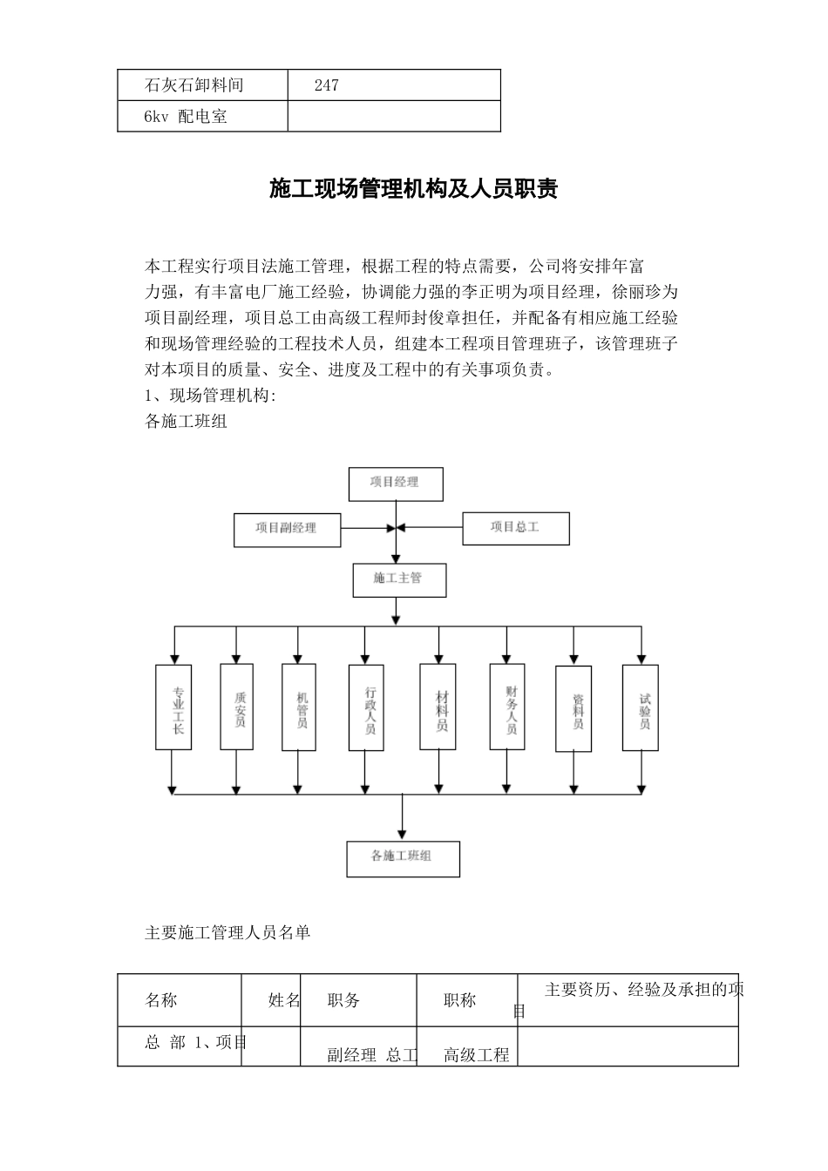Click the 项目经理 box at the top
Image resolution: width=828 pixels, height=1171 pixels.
click(x=396, y=484)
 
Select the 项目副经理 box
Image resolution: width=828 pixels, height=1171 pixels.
click(x=287, y=529)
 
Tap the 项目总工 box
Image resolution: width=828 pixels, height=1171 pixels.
click(x=515, y=528)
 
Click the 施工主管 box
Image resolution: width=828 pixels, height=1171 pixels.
click(x=398, y=579)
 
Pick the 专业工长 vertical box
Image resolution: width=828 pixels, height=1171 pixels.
click(x=173, y=707)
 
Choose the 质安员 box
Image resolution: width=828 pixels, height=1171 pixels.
click(x=237, y=707)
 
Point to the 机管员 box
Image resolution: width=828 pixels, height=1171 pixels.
click(x=299, y=707)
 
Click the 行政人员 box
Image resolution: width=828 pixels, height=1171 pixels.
click(x=366, y=707)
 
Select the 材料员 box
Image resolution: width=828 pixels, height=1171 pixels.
click(x=438, y=707)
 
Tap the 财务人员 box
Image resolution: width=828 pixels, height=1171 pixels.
click(x=507, y=707)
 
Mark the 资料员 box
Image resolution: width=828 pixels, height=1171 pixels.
click(x=573, y=708)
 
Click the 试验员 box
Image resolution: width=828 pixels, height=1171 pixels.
click(x=641, y=707)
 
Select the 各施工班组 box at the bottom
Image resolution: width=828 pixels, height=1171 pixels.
click(x=403, y=858)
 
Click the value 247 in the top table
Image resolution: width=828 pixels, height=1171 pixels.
click(x=326, y=85)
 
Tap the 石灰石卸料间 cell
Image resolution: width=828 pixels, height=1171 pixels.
click(x=193, y=85)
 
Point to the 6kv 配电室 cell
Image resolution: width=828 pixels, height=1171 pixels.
click(x=186, y=117)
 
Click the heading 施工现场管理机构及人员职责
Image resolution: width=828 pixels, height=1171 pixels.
click(x=413, y=189)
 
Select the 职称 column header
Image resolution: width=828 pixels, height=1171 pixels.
click(x=459, y=1000)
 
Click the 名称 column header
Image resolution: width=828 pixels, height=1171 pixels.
click(x=161, y=1000)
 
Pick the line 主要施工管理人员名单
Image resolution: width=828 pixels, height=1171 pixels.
click(x=227, y=933)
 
